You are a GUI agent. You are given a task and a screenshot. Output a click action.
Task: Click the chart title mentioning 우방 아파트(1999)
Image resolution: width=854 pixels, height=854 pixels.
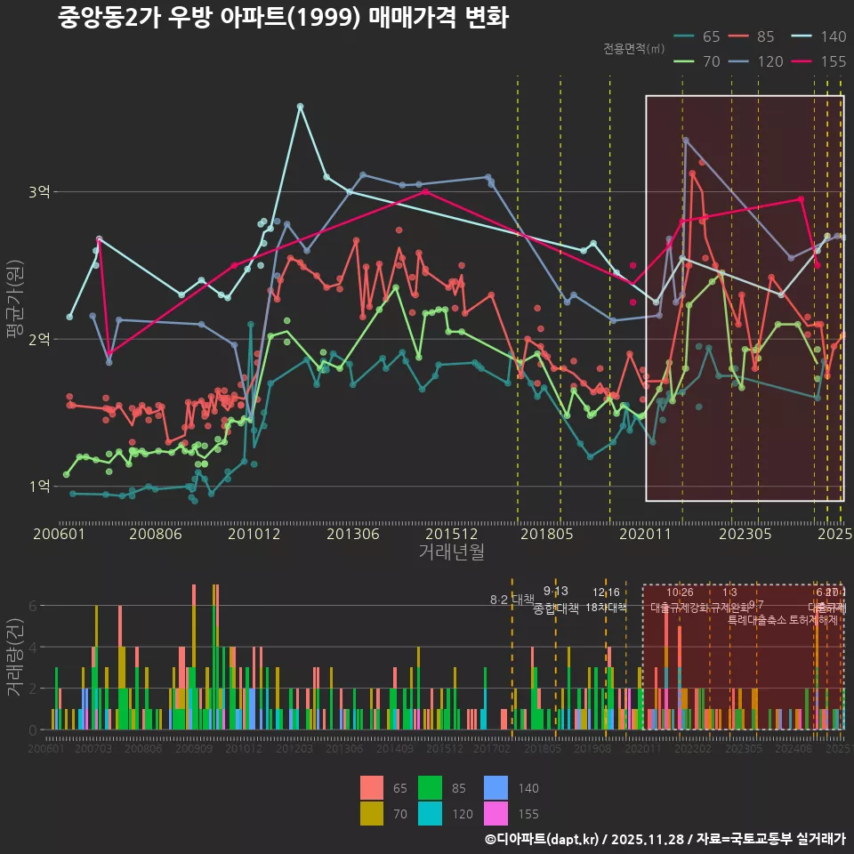point(283,18)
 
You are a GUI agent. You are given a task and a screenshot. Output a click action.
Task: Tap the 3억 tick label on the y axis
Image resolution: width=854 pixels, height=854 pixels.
point(39,192)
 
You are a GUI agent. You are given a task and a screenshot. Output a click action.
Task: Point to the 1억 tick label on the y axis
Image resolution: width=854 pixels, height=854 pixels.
point(39,487)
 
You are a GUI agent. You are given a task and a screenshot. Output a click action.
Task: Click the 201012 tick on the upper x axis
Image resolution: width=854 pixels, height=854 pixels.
point(253,534)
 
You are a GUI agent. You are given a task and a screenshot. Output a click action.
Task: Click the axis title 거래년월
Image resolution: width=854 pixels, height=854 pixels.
point(451,552)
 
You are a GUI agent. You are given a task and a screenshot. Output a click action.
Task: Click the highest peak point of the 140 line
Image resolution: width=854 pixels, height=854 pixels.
point(300,106)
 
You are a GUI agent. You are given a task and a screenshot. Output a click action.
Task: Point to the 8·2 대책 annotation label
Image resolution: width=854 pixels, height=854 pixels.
point(512,600)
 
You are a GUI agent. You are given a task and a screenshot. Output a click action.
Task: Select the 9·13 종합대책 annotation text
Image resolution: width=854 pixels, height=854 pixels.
point(556,600)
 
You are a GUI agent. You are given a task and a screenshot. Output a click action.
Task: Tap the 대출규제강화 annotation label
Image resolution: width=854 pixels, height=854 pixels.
point(680,608)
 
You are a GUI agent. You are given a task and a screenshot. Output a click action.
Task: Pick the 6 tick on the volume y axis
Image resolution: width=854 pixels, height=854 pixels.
point(32,606)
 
